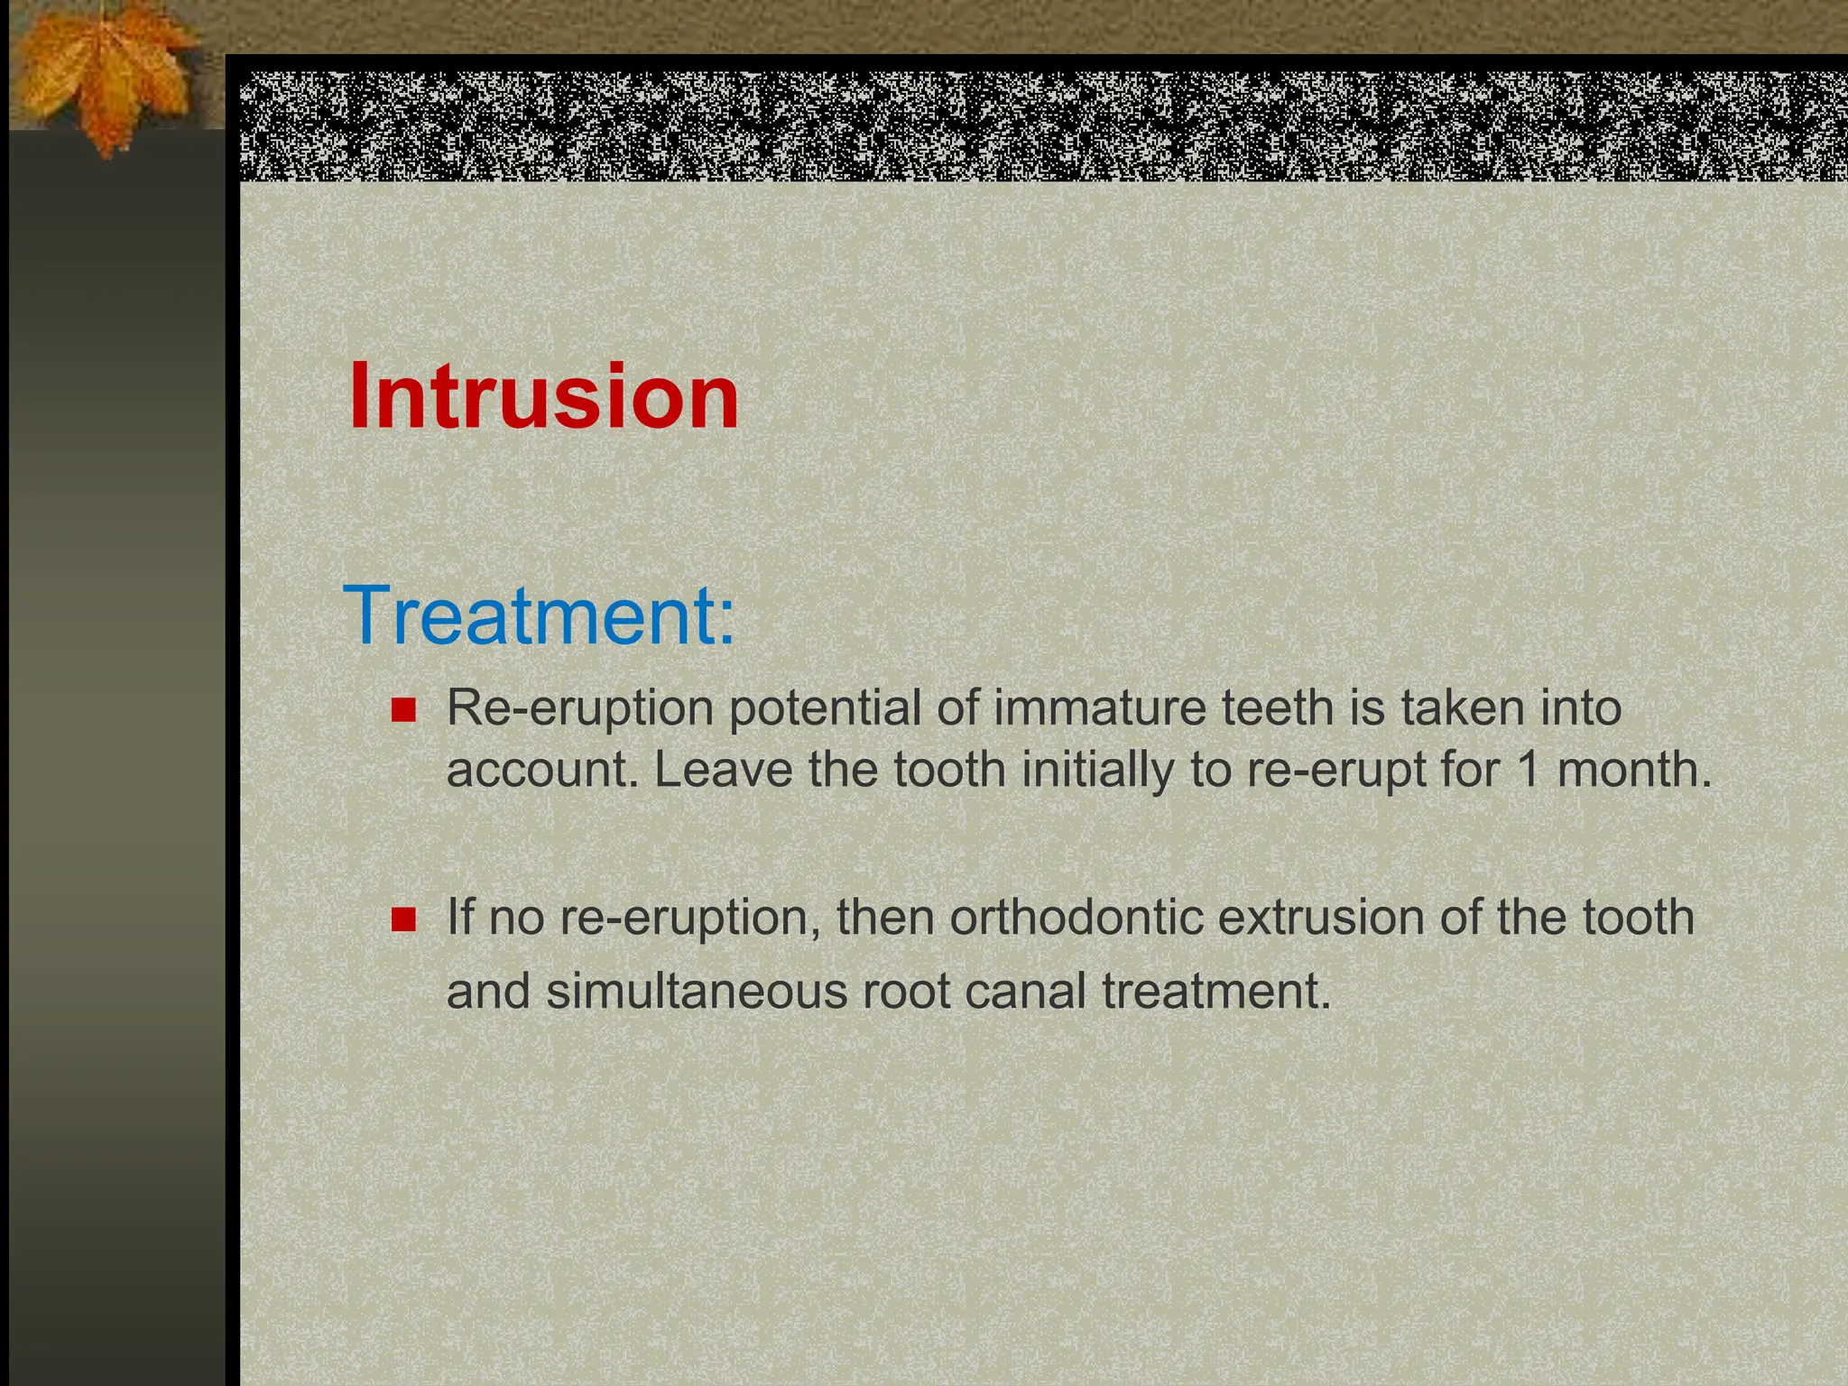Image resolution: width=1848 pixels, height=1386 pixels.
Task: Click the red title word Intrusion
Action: [543, 397]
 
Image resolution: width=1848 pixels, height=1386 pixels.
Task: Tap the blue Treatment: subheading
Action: [539, 615]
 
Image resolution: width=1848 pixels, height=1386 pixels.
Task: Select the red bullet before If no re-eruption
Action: [403, 920]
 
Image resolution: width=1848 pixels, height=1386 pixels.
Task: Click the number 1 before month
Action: [1527, 770]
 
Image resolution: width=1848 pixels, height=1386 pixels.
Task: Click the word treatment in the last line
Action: [1216, 991]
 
